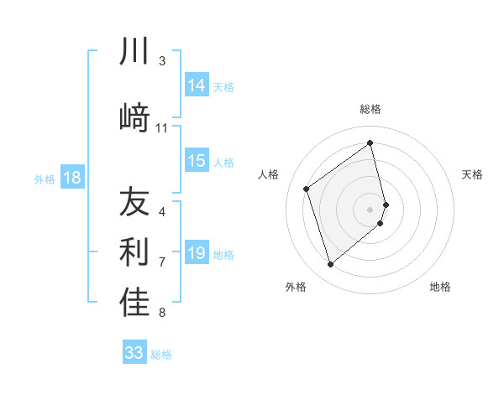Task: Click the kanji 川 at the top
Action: click(134, 52)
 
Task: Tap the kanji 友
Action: click(134, 202)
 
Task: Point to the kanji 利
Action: click(134, 252)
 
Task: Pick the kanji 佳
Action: click(134, 303)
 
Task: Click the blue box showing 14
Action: click(197, 86)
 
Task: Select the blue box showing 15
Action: click(197, 161)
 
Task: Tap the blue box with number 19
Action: click(197, 253)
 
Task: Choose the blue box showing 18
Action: click(71, 178)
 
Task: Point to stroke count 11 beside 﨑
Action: click(162, 128)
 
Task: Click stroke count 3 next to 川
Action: click(162, 61)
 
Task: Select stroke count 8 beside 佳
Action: click(162, 313)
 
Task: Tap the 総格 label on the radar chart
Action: click(370, 109)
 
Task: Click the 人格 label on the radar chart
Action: click(268, 174)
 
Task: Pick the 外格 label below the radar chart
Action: click(296, 287)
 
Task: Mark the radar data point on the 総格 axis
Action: click(370, 143)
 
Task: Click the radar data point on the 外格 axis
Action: click(330, 265)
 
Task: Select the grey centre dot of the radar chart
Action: click(370, 209)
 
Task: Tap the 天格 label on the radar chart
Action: click(473, 174)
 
